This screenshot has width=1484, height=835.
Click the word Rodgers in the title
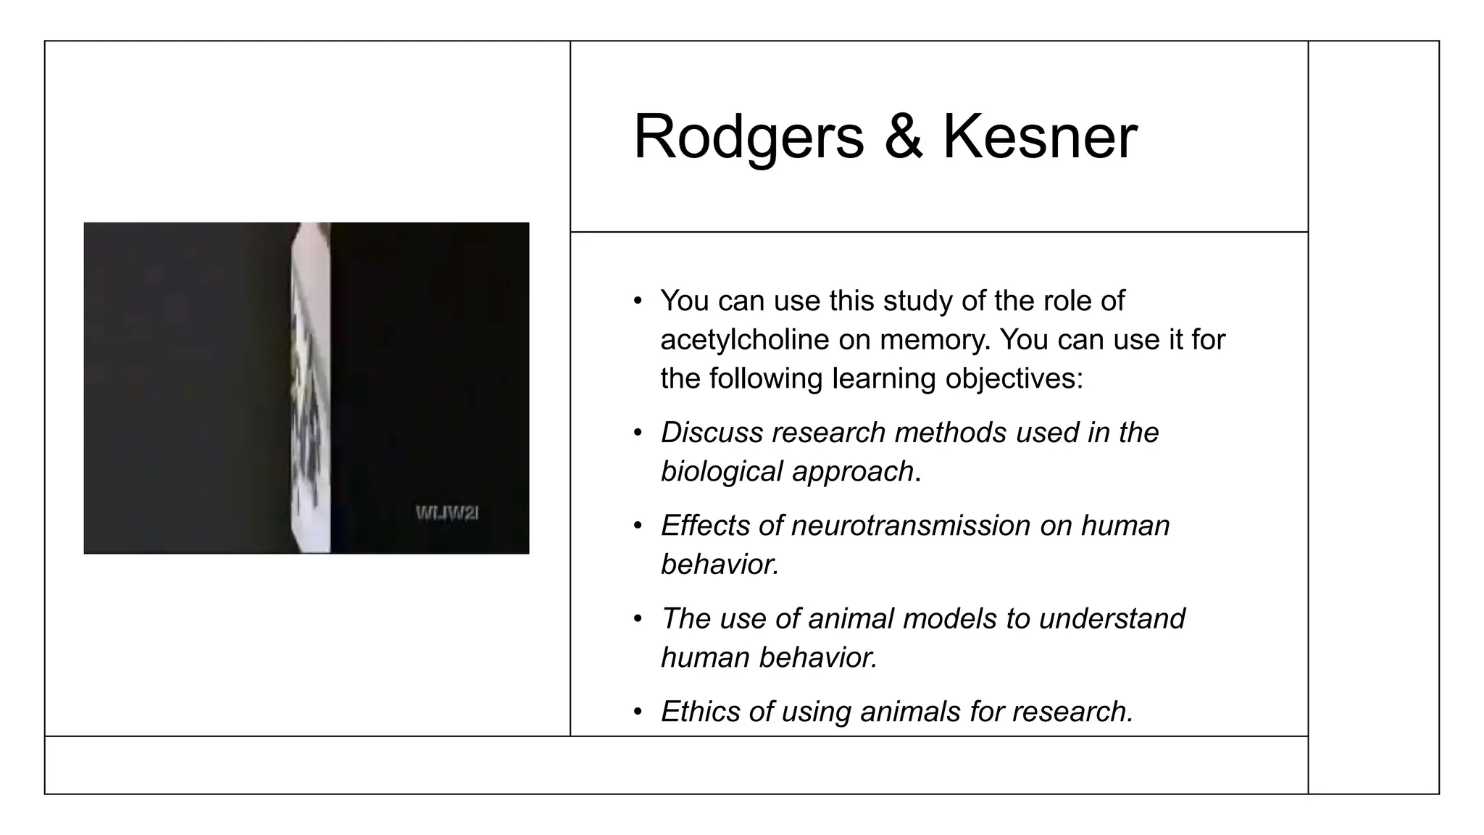click(x=748, y=138)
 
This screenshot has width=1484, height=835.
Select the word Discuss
click(x=712, y=433)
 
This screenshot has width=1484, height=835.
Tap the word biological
click(x=721, y=472)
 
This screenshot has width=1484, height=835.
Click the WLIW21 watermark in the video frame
click(x=447, y=513)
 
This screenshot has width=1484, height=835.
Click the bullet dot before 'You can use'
click(x=638, y=301)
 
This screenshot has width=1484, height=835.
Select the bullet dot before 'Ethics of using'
click(x=638, y=712)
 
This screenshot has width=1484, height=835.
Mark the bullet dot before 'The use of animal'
click(x=638, y=619)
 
